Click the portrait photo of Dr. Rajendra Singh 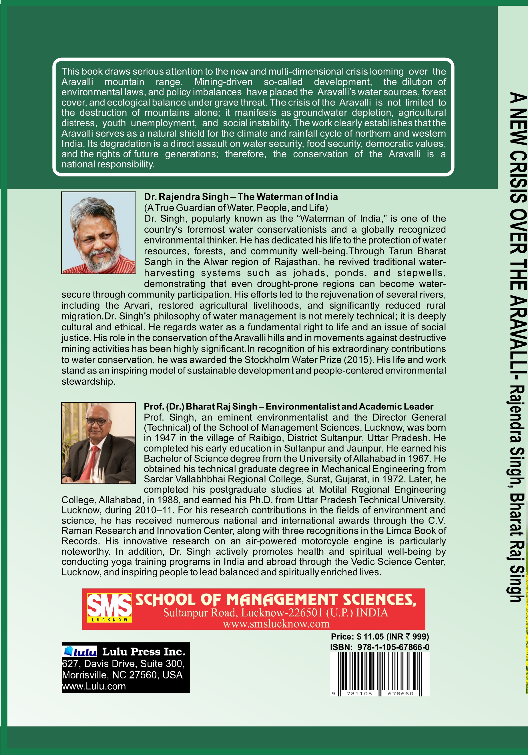(x=98, y=233)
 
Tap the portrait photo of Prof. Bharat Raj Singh (x=98, y=443)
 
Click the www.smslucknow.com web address (x=276, y=624)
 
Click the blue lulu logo (x=80, y=652)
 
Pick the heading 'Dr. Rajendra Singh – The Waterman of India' (x=241, y=197)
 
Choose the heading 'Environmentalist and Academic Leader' (x=349, y=406)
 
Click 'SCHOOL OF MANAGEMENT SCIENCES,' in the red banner (x=276, y=600)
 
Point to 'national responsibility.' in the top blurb (x=108, y=164)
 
